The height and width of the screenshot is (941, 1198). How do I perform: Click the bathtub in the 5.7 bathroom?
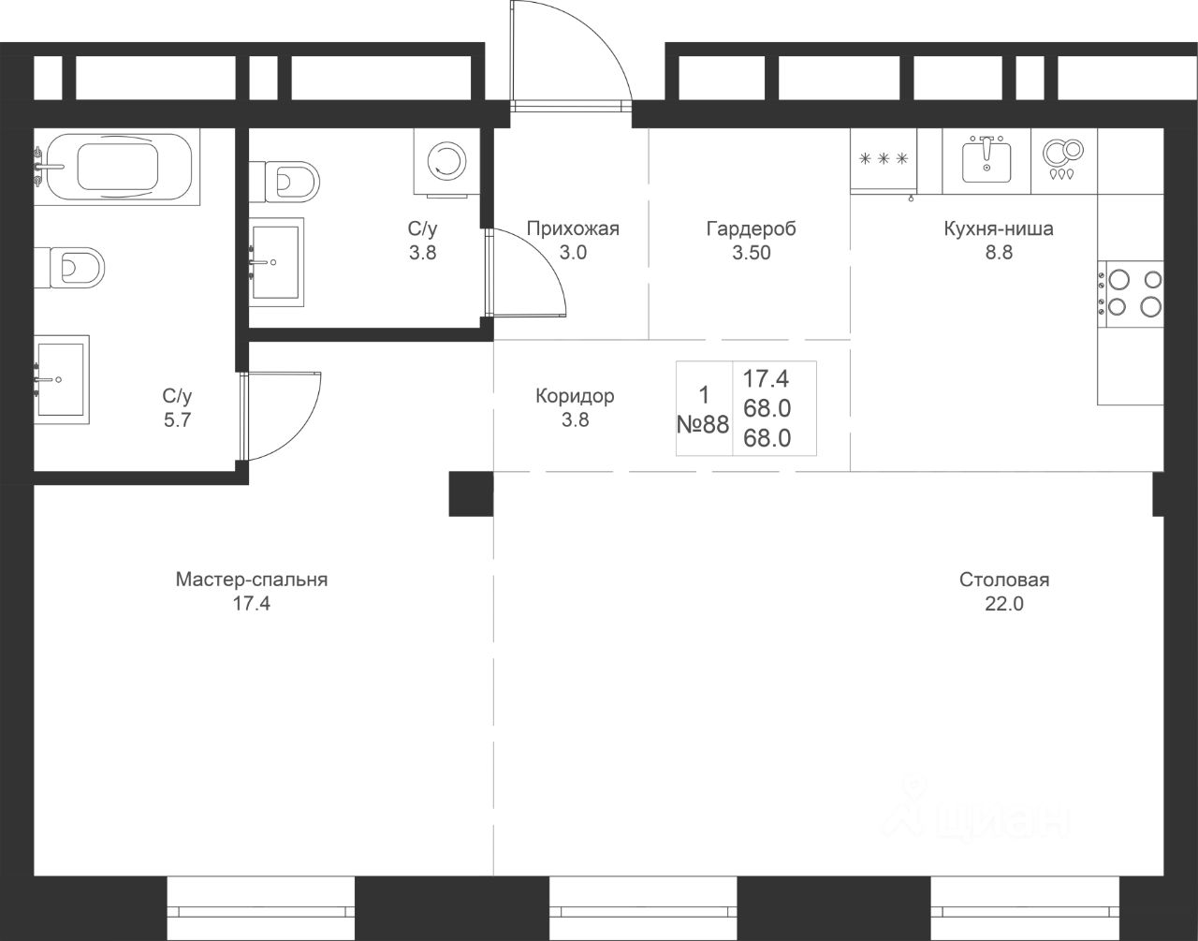(x=117, y=167)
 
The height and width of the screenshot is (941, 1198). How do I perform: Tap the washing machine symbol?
(x=446, y=162)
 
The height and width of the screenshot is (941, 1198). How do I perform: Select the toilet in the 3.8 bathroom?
(x=284, y=182)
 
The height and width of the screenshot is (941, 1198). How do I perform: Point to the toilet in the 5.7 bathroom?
(x=69, y=268)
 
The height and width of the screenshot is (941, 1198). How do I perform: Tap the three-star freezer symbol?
(x=884, y=159)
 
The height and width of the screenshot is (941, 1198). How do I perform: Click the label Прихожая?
(x=573, y=228)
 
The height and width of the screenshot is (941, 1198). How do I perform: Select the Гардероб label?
(x=751, y=228)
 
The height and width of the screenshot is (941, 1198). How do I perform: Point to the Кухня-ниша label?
(x=999, y=228)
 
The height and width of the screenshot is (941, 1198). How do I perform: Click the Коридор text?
(x=575, y=396)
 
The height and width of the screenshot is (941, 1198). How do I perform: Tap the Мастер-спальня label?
(x=252, y=580)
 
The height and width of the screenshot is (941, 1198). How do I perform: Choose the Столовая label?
(x=1004, y=580)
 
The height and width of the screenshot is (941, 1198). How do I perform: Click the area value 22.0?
(x=1004, y=604)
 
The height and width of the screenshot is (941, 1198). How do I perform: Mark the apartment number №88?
(x=703, y=424)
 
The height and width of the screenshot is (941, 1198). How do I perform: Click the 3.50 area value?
(x=751, y=253)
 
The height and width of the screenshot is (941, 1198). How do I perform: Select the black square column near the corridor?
(x=471, y=494)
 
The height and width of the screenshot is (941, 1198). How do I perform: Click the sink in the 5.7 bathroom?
(x=61, y=379)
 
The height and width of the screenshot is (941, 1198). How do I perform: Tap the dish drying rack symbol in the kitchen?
(x=1064, y=159)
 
